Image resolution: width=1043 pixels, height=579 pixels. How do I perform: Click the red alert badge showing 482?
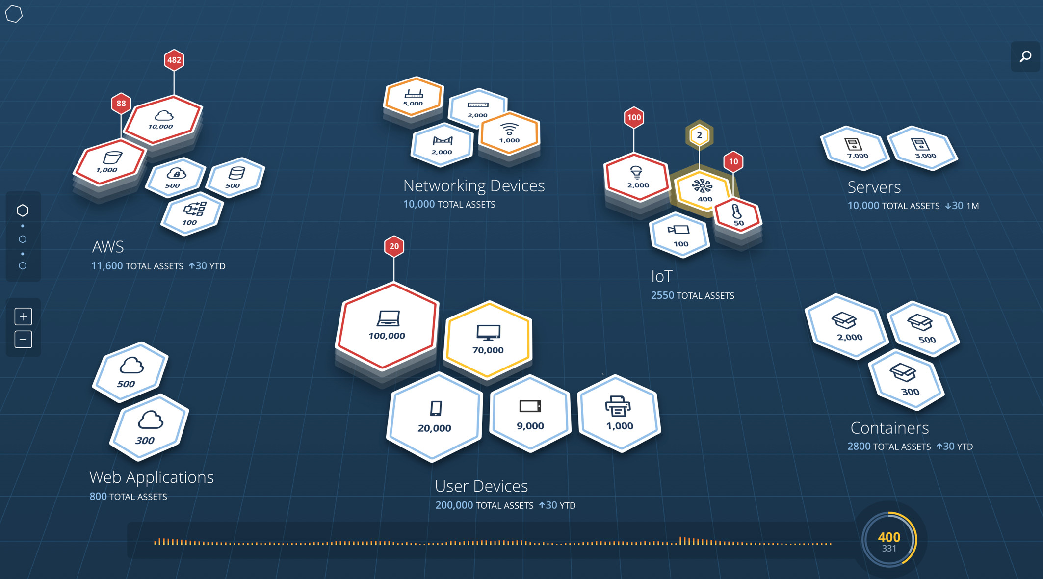(x=174, y=60)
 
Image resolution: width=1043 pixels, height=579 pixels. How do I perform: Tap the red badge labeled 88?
(x=121, y=104)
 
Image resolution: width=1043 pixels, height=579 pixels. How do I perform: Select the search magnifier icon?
(x=1025, y=56)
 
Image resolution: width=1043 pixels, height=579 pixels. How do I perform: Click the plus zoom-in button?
(x=23, y=316)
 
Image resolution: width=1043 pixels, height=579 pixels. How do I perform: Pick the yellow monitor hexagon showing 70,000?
(x=488, y=339)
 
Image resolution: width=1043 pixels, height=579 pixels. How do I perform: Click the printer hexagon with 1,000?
(x=619, y=413)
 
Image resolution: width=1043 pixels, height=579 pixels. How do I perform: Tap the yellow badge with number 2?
(x=699, y=135)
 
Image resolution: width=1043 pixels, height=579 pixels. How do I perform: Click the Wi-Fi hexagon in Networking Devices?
(x=509, y=132)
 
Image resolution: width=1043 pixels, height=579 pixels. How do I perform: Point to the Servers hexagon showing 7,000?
(x=856, y=148)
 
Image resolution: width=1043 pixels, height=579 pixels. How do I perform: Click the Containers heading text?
(x=889, y=428)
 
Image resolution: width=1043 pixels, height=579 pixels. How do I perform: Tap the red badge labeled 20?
(x=394, y=246)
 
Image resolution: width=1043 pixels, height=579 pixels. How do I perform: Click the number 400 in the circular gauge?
(x=889, y=537)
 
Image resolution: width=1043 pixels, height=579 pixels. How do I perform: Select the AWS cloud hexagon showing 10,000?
(x=162, y=119)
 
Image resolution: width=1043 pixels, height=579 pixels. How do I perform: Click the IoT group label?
(x=661, y=277)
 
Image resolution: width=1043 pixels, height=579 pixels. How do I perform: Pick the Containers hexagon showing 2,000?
(x=847, y=326)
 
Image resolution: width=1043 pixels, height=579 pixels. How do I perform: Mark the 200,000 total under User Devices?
(x=454, y=505)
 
